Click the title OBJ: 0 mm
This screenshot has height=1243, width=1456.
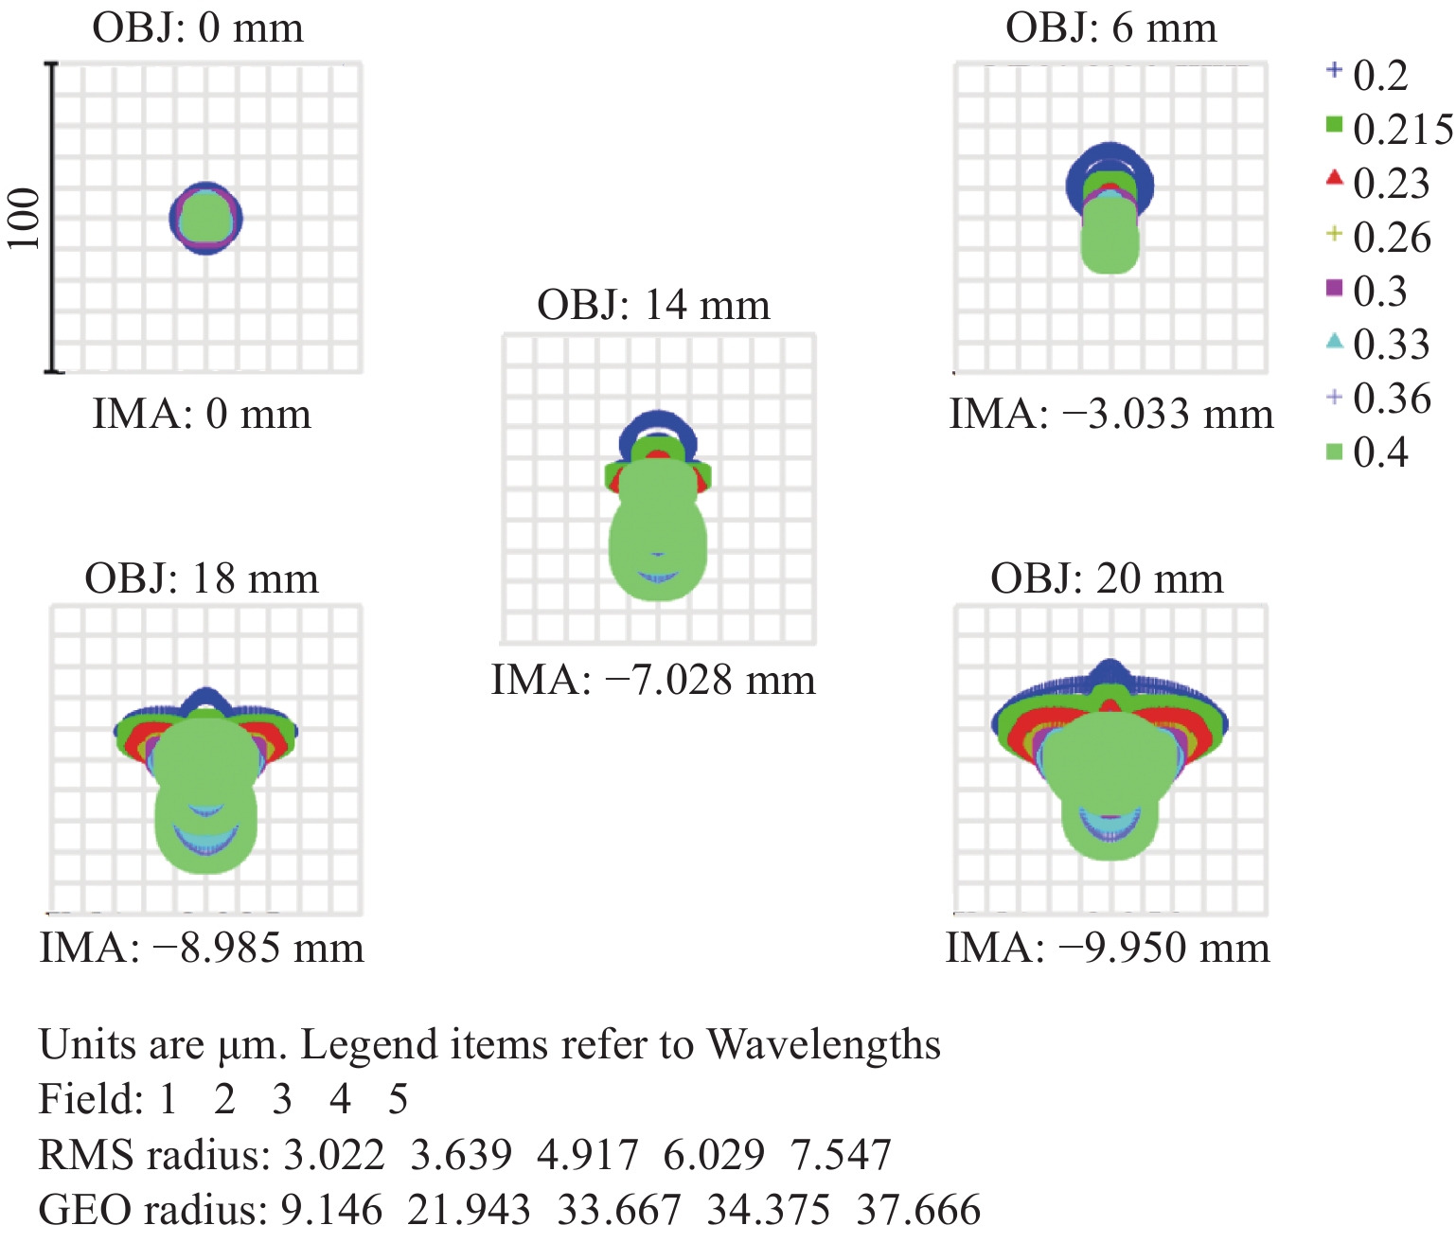[198, 28]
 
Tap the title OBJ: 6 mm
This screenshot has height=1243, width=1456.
[1111, 28]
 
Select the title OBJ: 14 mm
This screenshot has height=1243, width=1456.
[653, 306]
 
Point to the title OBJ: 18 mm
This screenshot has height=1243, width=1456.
[202, 579]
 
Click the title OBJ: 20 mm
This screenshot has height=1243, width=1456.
[1107, 579]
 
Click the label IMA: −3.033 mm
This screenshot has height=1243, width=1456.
[1111, 415]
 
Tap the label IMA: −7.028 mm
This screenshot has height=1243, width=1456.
[653, 681]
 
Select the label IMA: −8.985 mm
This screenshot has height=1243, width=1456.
[202, 948]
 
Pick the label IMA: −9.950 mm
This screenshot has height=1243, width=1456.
[1108, 948]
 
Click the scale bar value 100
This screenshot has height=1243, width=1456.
[25, 219]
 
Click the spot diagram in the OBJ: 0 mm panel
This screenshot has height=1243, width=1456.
[205, 218]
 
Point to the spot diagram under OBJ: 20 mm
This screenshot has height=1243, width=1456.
[1110, 757]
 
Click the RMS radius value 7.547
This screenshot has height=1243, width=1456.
[841, 1156]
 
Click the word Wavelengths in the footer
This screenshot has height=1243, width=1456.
[824, 1045]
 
